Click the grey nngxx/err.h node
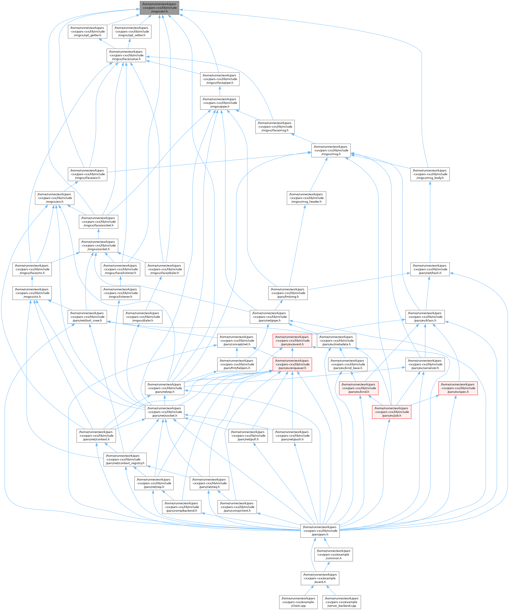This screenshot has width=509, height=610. tap(159, 8)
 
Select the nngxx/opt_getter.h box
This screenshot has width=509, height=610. tap(88, 32)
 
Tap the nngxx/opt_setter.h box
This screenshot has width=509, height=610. tap(132, 32)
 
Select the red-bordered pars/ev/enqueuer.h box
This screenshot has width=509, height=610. tap(292, 364)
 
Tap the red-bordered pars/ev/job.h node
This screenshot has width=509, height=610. tap(391, 412)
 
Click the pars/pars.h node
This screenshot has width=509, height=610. tap(320, 531)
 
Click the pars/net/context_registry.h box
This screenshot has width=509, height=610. tap(125, 460)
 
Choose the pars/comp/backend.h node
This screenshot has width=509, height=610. tap(182, 507)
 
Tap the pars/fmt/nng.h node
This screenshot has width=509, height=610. tap(288, 293)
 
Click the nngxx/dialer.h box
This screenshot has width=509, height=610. tap(143, 317)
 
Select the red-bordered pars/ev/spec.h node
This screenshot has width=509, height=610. tap(458, 388)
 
